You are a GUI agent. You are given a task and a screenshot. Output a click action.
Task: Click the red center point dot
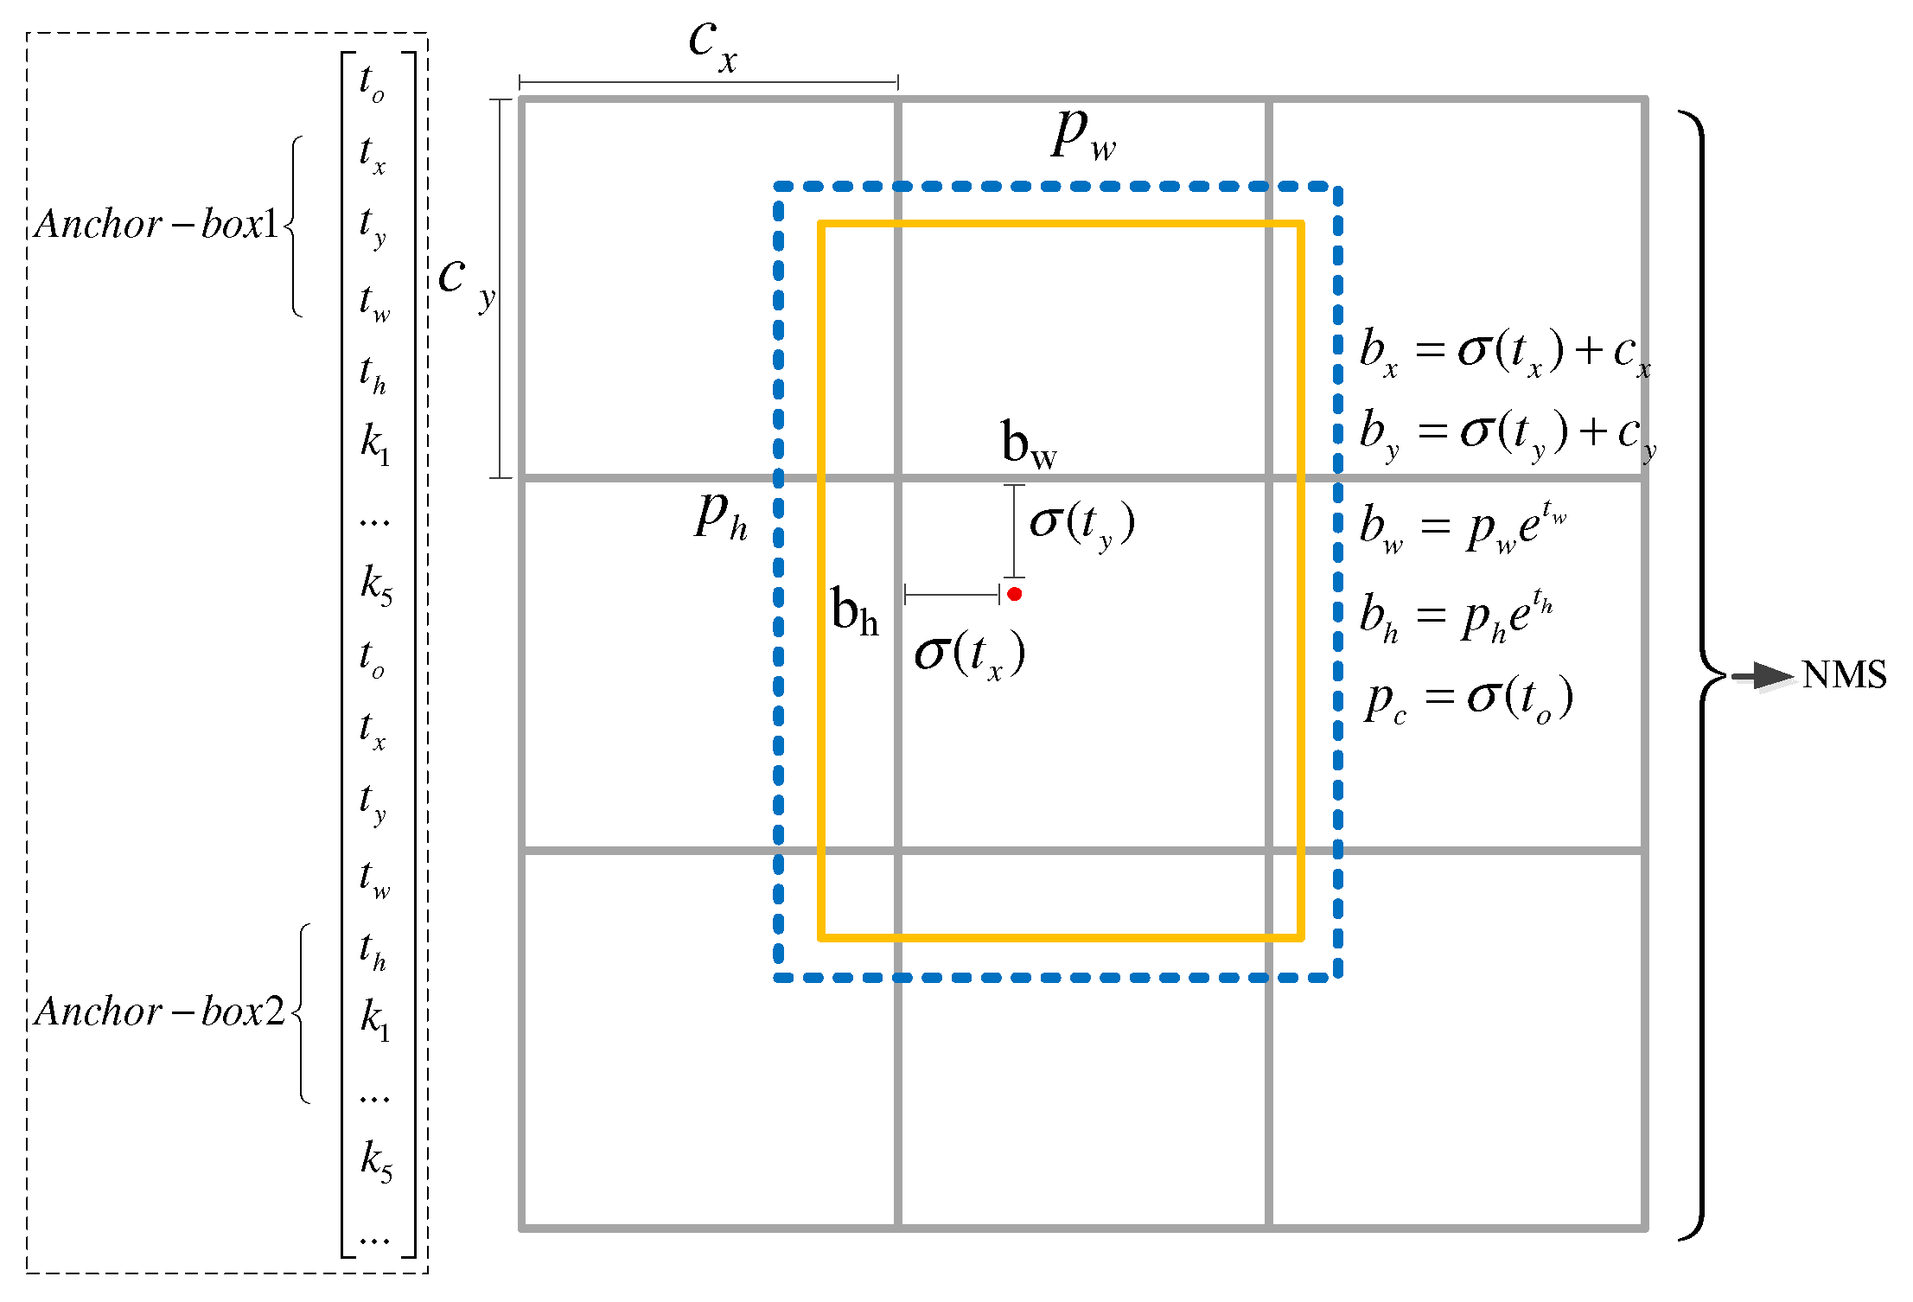click(x=1015, y=594)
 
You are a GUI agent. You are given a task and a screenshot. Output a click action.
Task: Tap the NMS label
click(x=1844, y=675)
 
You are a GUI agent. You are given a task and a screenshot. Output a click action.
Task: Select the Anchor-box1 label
click(x=156, y=225)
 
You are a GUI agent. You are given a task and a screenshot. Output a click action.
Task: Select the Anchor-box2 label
click(x=159, y=1012)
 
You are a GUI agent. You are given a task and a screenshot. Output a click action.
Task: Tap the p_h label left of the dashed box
click(x=721, y=516)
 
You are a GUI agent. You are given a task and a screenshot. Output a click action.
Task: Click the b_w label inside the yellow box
click(x=1029, y=445)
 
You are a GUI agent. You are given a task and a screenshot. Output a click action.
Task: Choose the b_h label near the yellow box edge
click(x=854, y=612)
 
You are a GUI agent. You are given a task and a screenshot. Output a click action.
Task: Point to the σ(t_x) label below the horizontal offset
click(x=970, y=654)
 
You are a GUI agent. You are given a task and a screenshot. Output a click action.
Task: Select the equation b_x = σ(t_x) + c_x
click(x=1505, y=353)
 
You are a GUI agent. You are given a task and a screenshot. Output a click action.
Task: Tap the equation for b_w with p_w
click(x=1463, y=527)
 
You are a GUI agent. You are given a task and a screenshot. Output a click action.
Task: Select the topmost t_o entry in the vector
click(x=372, y=83)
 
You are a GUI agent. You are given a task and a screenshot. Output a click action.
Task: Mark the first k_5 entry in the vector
click(x=376, y=584)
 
